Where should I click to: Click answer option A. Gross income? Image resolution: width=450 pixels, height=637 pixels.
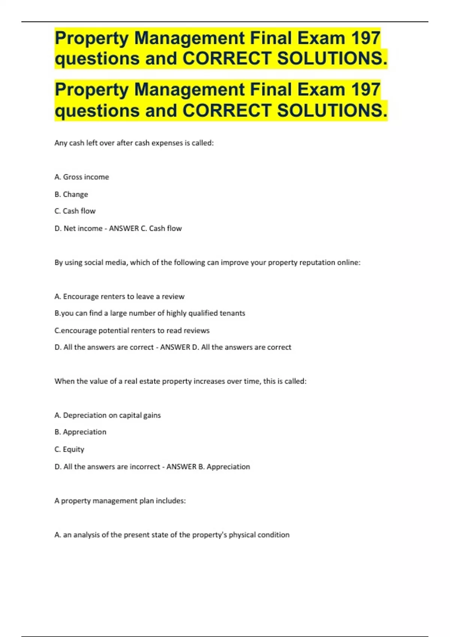(82, 177)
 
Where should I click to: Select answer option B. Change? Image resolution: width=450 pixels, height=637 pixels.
(71, 194)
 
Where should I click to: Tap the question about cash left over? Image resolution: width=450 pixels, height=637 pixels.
(134, 143)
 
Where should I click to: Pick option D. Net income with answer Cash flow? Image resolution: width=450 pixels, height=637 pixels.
(118, 228)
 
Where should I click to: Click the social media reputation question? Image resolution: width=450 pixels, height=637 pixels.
(207, 262)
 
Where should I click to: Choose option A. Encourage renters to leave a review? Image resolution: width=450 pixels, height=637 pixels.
(119, 296)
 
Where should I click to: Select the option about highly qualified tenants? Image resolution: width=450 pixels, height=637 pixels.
(150, 313)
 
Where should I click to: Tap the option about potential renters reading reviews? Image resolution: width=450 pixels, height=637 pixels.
(132, 330)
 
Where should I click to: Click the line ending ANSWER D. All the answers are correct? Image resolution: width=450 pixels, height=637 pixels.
(173, 347)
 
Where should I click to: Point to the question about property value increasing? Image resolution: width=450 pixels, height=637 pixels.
(180, 381)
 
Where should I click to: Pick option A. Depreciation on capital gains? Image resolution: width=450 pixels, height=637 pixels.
(108, 415)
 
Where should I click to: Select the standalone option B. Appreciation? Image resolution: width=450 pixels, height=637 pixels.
(80, 432)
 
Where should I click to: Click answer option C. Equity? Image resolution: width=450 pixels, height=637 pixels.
(69, 449)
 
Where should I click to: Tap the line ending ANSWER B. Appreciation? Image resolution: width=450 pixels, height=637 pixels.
(152, 467)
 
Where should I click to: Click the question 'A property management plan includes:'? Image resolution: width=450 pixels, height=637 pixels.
(120, 501)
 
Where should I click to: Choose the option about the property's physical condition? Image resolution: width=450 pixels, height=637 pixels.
(172, 535)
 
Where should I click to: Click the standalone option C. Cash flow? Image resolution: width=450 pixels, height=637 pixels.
(75, 211)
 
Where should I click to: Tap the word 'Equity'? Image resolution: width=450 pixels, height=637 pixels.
(73, 449)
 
